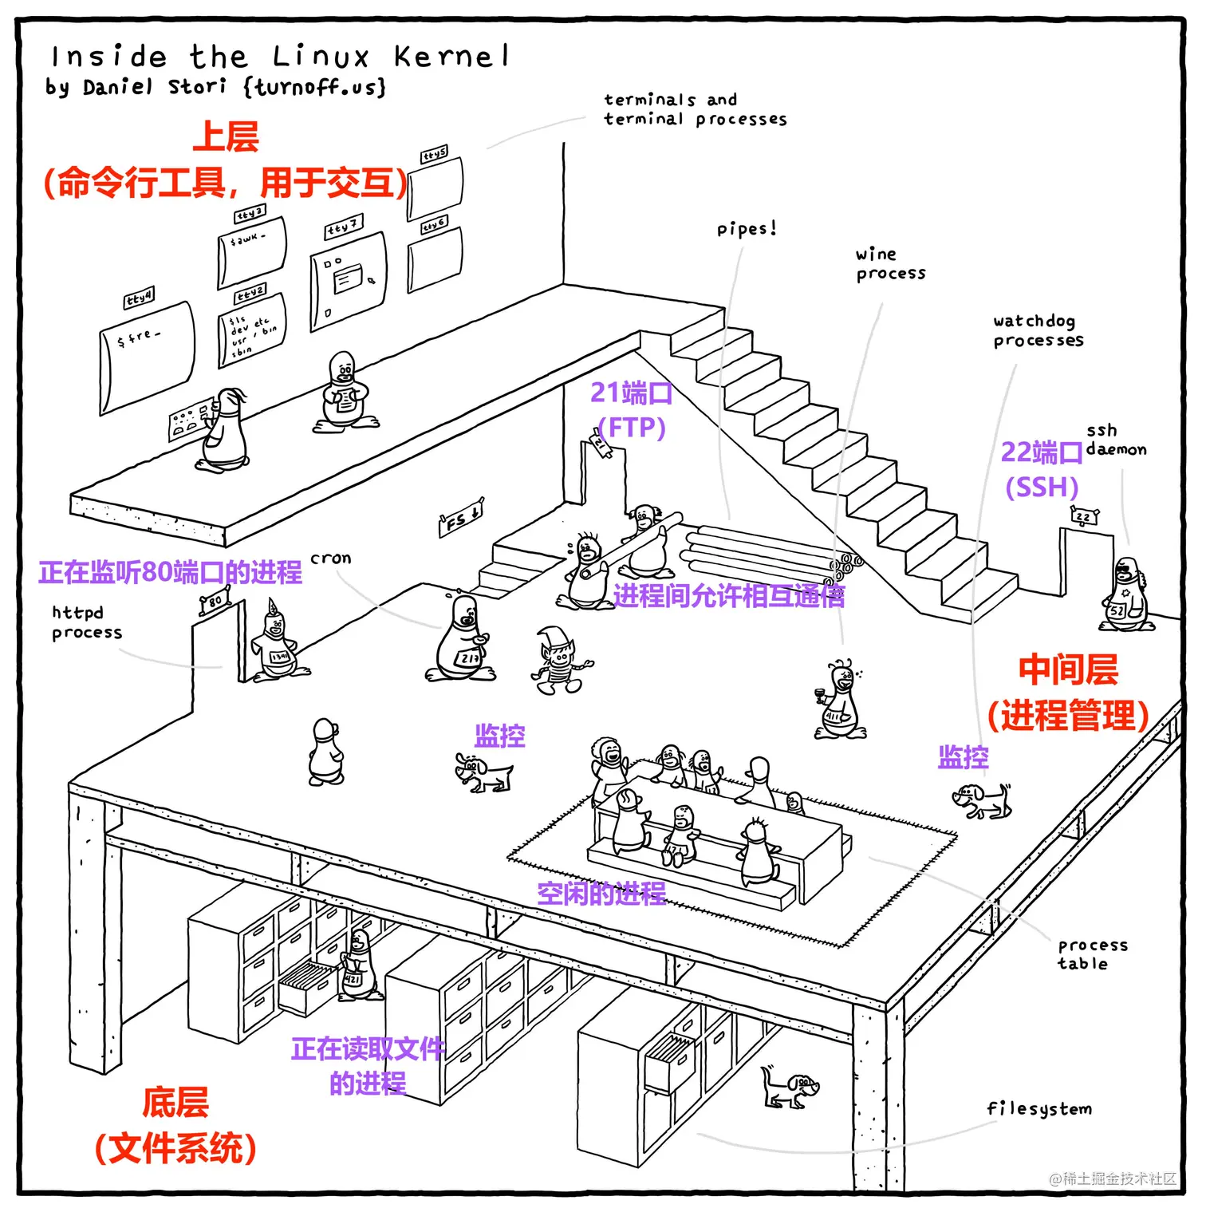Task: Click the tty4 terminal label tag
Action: pyautogui.click(x=139, y=298)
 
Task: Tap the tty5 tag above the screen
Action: pyautogui.click(x=435, y=154)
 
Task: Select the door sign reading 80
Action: pyautogui.click(x=215, y=601)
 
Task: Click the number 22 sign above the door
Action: pyautogui.click(x=1084, y=517)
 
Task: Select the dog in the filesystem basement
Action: pyautogui.click(x=790, y=1088)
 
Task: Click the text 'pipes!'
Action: pyautogui.click(x=746, y=229)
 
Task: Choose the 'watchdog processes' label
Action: pyautogui.click(x=1038, y=330)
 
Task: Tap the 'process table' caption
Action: pyautogui.click(x=1092, y=953)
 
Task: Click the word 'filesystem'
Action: pyautogui.click(x=1038, y=1108)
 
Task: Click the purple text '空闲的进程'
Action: pyautogui.click(x=601, y=893)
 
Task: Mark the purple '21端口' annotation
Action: pyautogui.click(x=631, y=393)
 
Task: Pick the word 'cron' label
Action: pyautogui.click(x=330, y=559)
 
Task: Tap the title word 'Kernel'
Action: pyautogui.click(x=451, y=57)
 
